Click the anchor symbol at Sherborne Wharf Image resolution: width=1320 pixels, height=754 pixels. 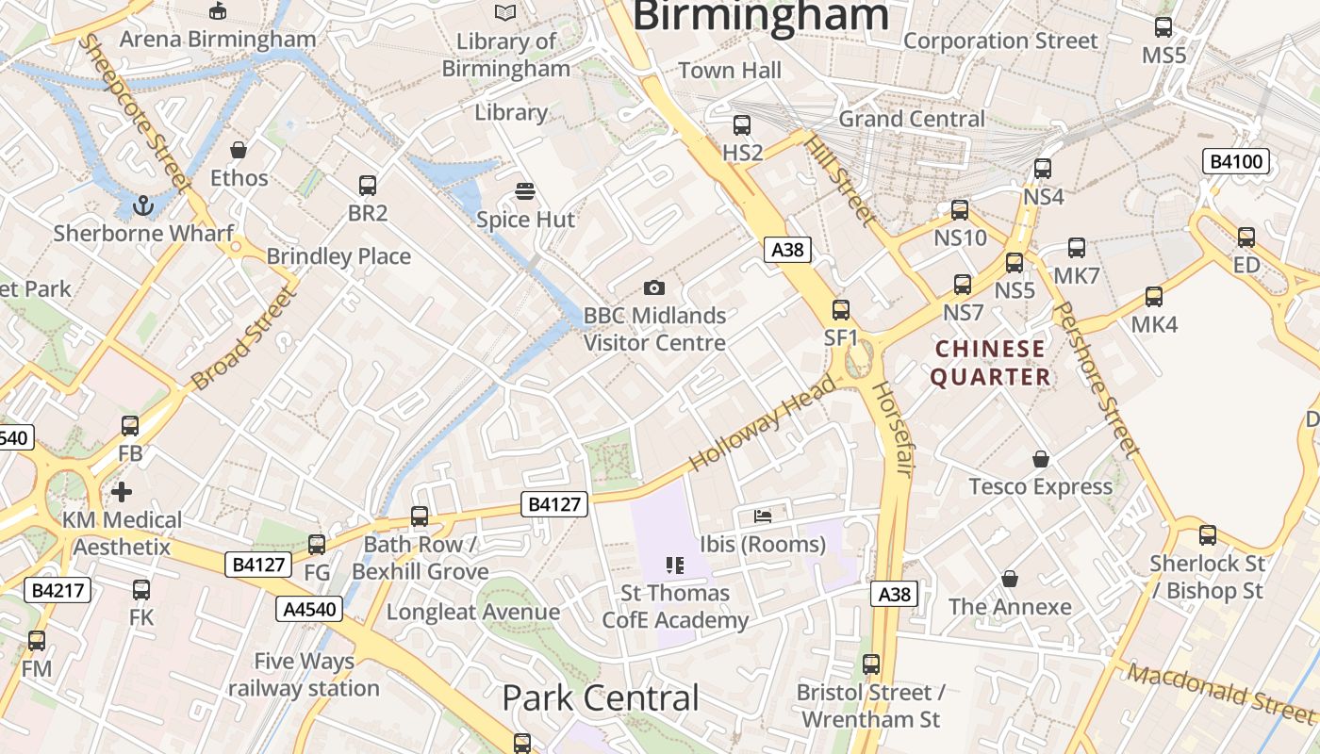tap(142, 205)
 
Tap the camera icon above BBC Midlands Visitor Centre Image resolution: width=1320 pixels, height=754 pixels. tap(653, 287)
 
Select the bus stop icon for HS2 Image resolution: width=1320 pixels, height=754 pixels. tap(742, 124)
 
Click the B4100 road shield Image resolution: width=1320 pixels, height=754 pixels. tap(1235, 162)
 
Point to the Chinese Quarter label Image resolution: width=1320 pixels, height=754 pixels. tap(990, 363)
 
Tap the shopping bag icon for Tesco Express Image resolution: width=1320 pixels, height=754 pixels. tap(1041, 459)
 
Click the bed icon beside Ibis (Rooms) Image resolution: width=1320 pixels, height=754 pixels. tap(763, 516)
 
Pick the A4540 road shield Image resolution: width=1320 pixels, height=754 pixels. tap(309, 609)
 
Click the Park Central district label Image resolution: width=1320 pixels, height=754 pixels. tap(601, 698)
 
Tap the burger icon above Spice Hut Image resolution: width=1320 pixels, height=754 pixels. tap(525, 191)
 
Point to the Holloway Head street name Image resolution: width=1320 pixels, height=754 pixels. tap(763, 423)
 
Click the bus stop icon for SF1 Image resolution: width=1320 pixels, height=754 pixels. tap(841, 309)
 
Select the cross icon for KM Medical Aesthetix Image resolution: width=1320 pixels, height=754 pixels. tap(122, 491)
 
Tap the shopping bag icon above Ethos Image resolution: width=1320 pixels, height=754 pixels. tap(239, 150)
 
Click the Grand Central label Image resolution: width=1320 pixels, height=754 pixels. tap(911, 119)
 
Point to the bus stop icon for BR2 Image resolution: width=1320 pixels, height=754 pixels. tap(368, 185)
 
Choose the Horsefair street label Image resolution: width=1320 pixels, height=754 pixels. tap(891, 429)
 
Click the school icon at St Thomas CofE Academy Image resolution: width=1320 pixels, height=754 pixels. tap(674, 565)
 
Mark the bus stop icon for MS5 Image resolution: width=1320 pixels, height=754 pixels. tap(1163, 27)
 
